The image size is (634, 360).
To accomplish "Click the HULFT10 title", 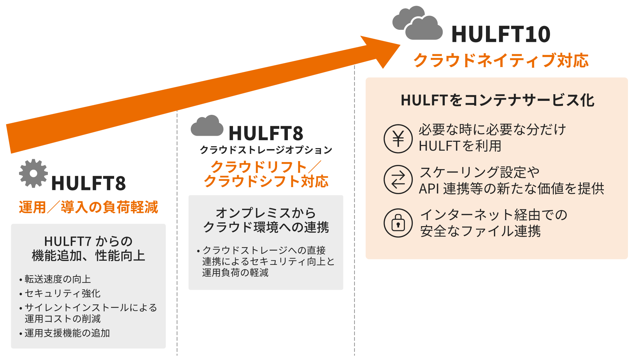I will tap(501, 34).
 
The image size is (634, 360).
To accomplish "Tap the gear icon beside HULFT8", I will tap(33, 173).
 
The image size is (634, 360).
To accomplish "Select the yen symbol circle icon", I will tap(398, 139).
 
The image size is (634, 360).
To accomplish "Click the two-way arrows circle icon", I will tap(398, 180).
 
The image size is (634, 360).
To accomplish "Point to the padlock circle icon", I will tap(398, 223).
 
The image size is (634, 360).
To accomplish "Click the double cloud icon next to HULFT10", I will tap(417, 23).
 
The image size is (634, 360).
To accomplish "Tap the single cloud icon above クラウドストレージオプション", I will tap(207, 126).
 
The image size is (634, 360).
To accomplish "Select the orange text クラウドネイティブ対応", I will tap(501, 60).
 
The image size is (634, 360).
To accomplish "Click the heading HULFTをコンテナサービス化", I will tap(497, 100).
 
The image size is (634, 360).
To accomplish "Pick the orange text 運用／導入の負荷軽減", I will tap(88, 207).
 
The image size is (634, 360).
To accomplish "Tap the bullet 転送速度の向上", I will tap(58, 279).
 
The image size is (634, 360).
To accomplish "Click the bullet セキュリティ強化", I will tap(62, 293).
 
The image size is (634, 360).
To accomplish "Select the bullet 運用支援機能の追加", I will tap(67, 333).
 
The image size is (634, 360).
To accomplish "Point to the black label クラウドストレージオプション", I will tap(266, 150).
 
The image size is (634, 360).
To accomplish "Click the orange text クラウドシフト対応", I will tap(266, 181).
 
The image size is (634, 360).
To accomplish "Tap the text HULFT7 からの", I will tap(88, 241).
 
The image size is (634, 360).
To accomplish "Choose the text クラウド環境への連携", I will tap(266, 227).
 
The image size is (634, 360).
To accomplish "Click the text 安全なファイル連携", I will tap(480, 231).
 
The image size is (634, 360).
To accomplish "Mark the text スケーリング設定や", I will tap(479, 172).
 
